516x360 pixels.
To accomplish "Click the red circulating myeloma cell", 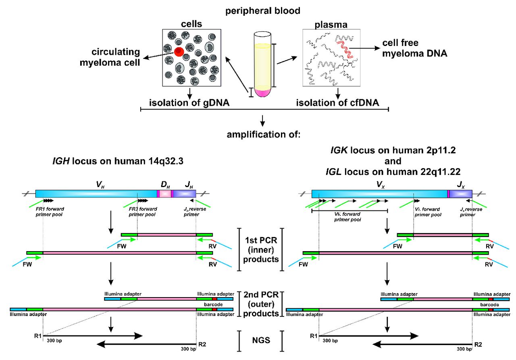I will (x=179, y=51).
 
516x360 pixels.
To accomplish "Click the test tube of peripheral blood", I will (x=262, y=65).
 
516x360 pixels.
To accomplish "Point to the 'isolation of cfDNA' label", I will (x=338, y=103).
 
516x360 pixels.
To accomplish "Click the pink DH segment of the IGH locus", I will (x=164, y=194).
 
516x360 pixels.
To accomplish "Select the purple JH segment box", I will (x=184, y=194).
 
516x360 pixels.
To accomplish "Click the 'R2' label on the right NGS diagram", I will (x=477, y=345).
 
